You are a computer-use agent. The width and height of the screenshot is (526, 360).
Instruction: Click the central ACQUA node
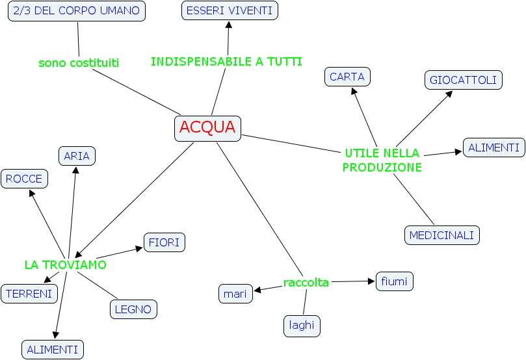click(x=207, y=128)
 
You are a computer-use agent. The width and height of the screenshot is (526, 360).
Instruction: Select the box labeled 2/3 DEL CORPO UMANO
click(x=76, y=10)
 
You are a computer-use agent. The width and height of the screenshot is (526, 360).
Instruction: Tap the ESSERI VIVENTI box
click(x=229, y=10)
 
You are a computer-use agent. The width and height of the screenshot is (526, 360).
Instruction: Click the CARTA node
click(x=347, y=77)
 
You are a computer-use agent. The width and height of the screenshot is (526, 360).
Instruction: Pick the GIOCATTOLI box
click(x=464, y=80)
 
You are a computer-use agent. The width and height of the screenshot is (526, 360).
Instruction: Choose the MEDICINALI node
click(x=442, y=235)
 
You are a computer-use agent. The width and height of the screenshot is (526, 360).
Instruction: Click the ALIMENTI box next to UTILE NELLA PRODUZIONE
click(x=493, y=148)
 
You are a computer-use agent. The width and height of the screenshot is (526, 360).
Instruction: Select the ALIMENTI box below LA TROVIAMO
click(x=53, y=350)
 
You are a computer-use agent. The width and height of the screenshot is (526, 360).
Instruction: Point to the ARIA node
click(x=77, y=156)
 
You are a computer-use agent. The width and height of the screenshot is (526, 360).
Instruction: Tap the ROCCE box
click(x=24, y=179)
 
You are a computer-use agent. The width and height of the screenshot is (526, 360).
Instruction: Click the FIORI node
click(x=164, y=242)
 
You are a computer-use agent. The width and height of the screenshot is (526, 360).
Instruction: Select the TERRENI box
click(x=29, y=294)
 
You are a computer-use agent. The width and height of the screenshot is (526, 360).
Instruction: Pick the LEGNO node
click(x=133, y=309)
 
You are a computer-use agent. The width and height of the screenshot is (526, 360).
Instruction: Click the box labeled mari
click(x=235, y=294)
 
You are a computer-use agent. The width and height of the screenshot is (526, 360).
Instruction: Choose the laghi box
click(x=302, y=326)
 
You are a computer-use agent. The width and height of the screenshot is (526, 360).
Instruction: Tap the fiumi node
click(x=394, y=281)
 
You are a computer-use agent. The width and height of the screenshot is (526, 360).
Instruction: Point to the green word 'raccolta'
click(x=306, y=282)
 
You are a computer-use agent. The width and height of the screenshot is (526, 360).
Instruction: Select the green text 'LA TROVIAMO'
click(x=65, y=265)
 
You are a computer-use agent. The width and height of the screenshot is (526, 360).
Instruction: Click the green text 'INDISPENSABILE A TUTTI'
click(x=226, y=62)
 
